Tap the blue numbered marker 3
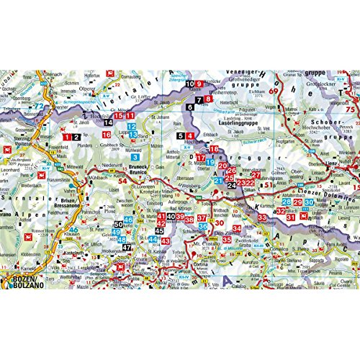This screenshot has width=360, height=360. point(135,156)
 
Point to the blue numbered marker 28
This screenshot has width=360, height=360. point(286,202)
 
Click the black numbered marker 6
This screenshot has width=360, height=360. point(190,107)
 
